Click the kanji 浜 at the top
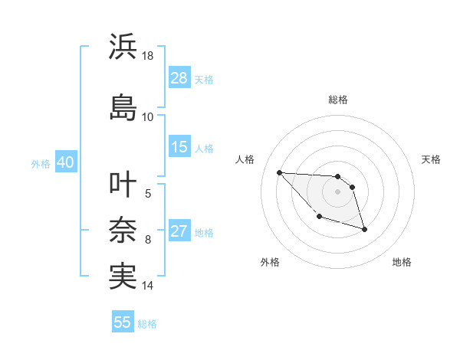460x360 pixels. [123, 47]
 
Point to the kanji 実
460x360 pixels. [123, 276]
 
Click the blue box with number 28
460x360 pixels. [179, 78]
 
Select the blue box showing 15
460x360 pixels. [179, 148]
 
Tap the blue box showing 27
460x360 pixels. [179, 232]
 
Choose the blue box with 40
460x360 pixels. [65, 163]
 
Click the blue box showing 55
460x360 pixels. [123, 322]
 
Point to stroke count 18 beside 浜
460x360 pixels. [148, 56]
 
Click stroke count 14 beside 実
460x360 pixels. [148, 286]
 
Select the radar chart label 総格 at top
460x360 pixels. [338, 100]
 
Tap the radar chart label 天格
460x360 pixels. [432, 159]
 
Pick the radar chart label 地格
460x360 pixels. [402, 262]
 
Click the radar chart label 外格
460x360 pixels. [270, 262]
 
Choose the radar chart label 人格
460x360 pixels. [245, 159]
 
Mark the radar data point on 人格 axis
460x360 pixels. [279, 172]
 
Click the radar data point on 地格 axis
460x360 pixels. [364, 229]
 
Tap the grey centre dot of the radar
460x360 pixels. [337, 191]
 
